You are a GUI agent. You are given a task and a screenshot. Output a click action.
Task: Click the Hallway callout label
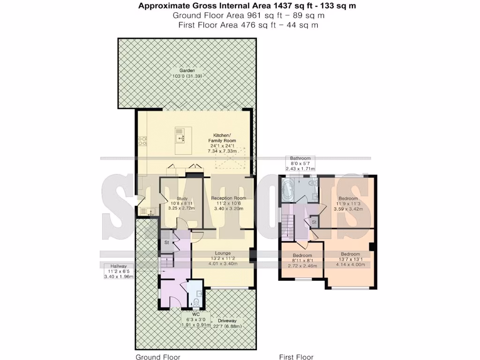pos(119,271)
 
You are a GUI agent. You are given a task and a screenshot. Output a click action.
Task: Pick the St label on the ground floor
pos(166,243)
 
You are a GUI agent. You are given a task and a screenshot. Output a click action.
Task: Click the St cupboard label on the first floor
pos(314,221)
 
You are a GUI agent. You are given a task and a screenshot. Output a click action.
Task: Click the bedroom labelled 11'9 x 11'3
pos(348,204)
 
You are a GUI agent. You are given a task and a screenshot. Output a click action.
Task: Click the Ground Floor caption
pos(158,357)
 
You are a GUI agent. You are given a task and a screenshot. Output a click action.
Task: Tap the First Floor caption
pos(296,357)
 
